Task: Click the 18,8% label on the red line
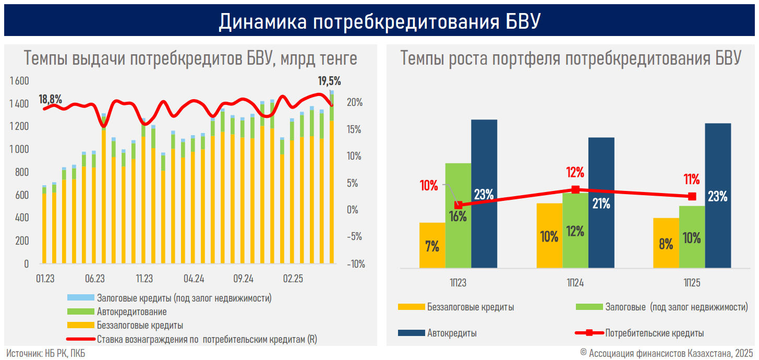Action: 51,99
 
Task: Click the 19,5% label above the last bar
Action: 329,81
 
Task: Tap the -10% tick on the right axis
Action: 355,264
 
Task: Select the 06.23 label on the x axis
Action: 94,278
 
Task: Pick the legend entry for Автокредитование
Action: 131,312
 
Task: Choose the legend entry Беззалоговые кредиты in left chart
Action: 140,326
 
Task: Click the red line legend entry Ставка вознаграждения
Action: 207,339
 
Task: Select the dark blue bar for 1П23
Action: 484,193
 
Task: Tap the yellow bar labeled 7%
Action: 432,245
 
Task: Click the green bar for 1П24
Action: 575,230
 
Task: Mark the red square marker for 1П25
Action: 692,196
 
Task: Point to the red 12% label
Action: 575,172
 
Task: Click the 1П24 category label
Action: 575,283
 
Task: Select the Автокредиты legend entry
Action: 452,333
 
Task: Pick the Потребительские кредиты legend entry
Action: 654,333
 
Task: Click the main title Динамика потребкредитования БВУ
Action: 379,21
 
